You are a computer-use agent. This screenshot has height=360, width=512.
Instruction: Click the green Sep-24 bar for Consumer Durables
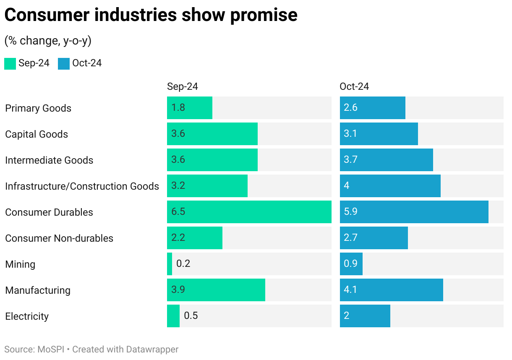click(249, 212)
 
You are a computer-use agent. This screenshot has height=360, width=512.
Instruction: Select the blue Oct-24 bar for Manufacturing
click(391, 290)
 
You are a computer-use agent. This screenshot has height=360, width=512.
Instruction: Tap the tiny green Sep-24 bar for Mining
click(170, 264)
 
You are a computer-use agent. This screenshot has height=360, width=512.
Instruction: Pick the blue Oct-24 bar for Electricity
click(365, 316)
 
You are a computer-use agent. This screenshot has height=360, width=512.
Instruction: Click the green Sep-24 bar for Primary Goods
click(189, 108)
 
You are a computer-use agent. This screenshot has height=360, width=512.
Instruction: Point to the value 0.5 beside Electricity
click(191, 316)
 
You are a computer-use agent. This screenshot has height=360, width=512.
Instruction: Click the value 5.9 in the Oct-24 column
click(350, 211)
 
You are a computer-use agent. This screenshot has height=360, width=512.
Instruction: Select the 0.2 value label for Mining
click(183, 263)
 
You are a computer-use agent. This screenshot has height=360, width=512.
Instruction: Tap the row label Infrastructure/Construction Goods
click(82, 186)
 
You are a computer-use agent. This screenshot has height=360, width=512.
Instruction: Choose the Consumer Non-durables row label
click(59, 238)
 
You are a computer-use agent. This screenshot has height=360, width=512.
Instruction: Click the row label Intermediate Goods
click(49, 160)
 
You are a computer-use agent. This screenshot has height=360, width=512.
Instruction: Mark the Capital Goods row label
click(37, 134)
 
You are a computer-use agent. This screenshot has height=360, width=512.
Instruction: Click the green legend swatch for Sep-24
click(10, 63)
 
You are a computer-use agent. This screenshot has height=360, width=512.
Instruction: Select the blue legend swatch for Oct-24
click(64, 63)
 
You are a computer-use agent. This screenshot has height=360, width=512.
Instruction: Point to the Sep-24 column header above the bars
click(183, 86)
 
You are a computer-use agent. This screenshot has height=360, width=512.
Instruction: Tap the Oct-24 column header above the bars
click(354, 86)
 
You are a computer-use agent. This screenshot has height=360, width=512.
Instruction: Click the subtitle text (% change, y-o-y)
click(48, 41)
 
